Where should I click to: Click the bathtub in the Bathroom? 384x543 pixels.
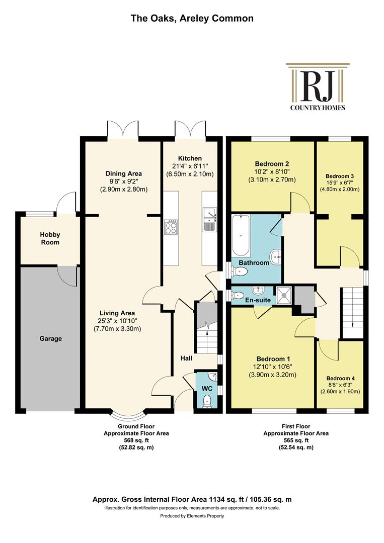[x=241, y=235]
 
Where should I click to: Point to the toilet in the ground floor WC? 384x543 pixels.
[x=207, y=401]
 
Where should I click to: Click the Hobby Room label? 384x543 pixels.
[x=50, y=239]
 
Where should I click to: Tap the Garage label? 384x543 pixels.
[x=51, y=339]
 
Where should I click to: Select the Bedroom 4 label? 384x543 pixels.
[x=340, y=378]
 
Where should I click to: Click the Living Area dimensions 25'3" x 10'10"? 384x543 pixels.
[x=117, y=321]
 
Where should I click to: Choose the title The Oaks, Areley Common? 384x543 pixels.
[x=192, y=18]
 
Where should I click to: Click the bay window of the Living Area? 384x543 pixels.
[x=128, y=414]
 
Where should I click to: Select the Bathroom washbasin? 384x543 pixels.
[x=276, y=256]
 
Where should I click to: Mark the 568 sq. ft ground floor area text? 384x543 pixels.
[x=136, y=440]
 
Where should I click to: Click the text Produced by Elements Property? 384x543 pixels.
[x=192, y=516]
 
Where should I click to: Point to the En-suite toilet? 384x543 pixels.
[x=237, y=296]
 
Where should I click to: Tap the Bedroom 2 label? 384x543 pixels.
[x=272, y=164]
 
